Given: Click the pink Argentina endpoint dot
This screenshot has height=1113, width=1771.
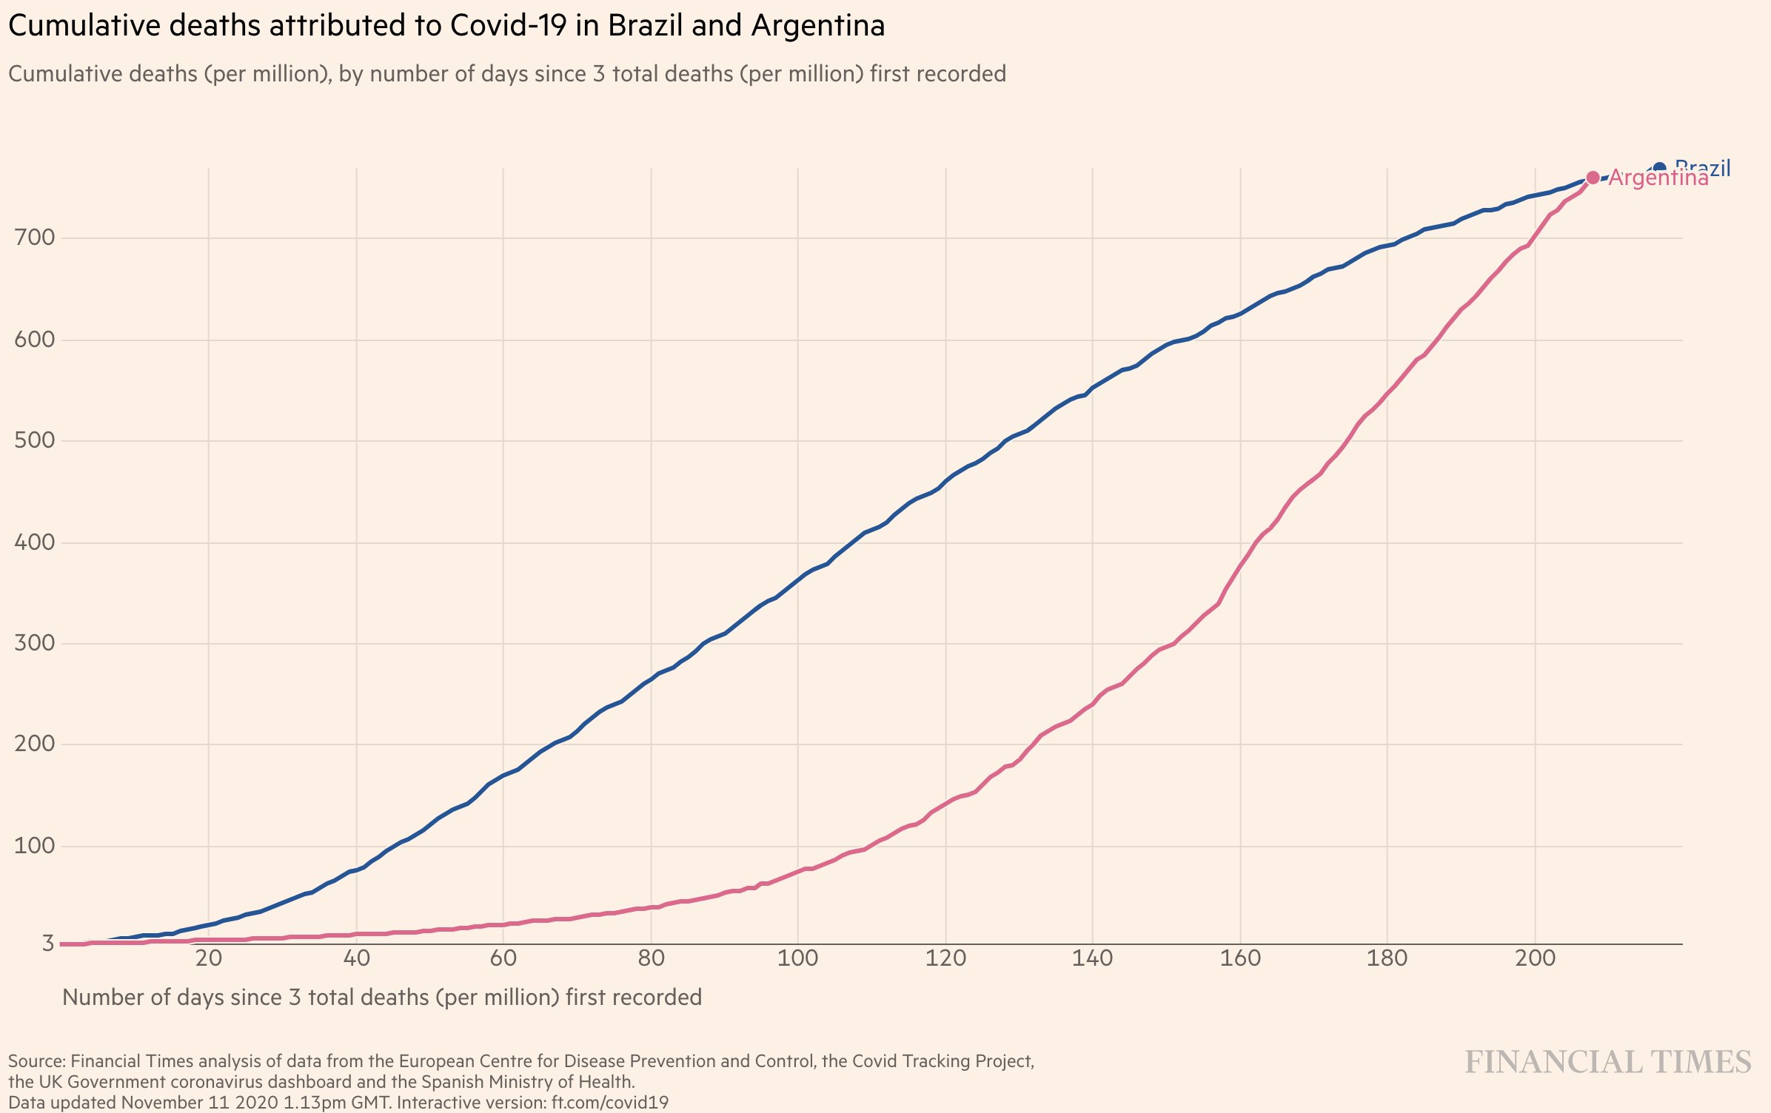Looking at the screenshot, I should click(x=1593, y=178).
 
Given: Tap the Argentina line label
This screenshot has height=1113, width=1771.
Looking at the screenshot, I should click(x=1658, y=178).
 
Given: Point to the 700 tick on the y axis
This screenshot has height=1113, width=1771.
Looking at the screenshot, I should click(x=34, y=238).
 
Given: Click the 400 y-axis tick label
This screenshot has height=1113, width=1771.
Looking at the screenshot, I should click(x=34, y=542).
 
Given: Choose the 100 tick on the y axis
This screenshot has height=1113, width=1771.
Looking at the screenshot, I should click(x=34, y=846).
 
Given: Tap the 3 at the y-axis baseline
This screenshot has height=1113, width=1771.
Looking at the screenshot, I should click(x=47, y=943).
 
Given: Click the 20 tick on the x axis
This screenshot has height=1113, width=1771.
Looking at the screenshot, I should click(x=209, y=958).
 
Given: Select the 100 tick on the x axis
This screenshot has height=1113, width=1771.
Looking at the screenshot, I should click(x=797, y=958).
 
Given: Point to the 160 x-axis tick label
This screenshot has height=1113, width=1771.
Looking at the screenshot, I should click(x=1240, y=958).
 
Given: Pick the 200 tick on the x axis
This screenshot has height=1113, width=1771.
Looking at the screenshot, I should click(x=1535, y=958).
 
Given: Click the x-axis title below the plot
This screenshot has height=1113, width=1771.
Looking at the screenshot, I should click(x=381, y=998).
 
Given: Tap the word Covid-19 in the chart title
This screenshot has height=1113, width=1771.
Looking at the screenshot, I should click(x=509, y=26).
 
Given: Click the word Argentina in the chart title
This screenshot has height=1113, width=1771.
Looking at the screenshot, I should click(x=818, y=26).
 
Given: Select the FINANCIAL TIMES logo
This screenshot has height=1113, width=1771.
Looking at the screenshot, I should click(x=1607, y=1062).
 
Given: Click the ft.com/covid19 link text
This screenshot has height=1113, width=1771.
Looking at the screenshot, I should click(x=609, y=1103).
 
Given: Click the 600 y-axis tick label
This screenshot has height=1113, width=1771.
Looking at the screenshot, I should click(x=34, y=340).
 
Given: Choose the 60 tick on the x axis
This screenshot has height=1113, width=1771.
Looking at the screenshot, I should click(x=503, y=958).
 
